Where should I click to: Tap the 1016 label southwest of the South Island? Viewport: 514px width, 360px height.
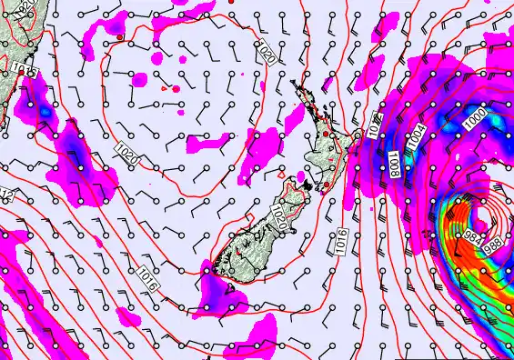[148, 278]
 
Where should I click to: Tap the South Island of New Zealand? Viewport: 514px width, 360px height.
[264, 227]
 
